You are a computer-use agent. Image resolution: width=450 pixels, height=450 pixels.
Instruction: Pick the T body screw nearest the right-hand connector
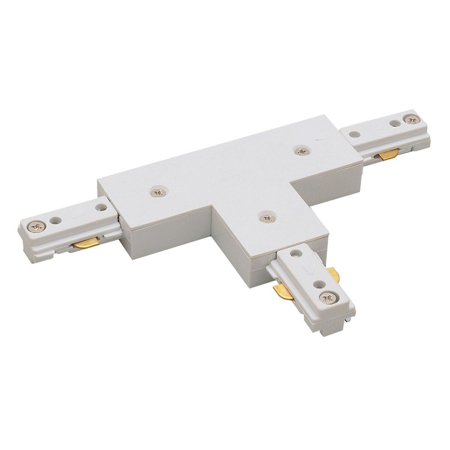coord(303,150)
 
